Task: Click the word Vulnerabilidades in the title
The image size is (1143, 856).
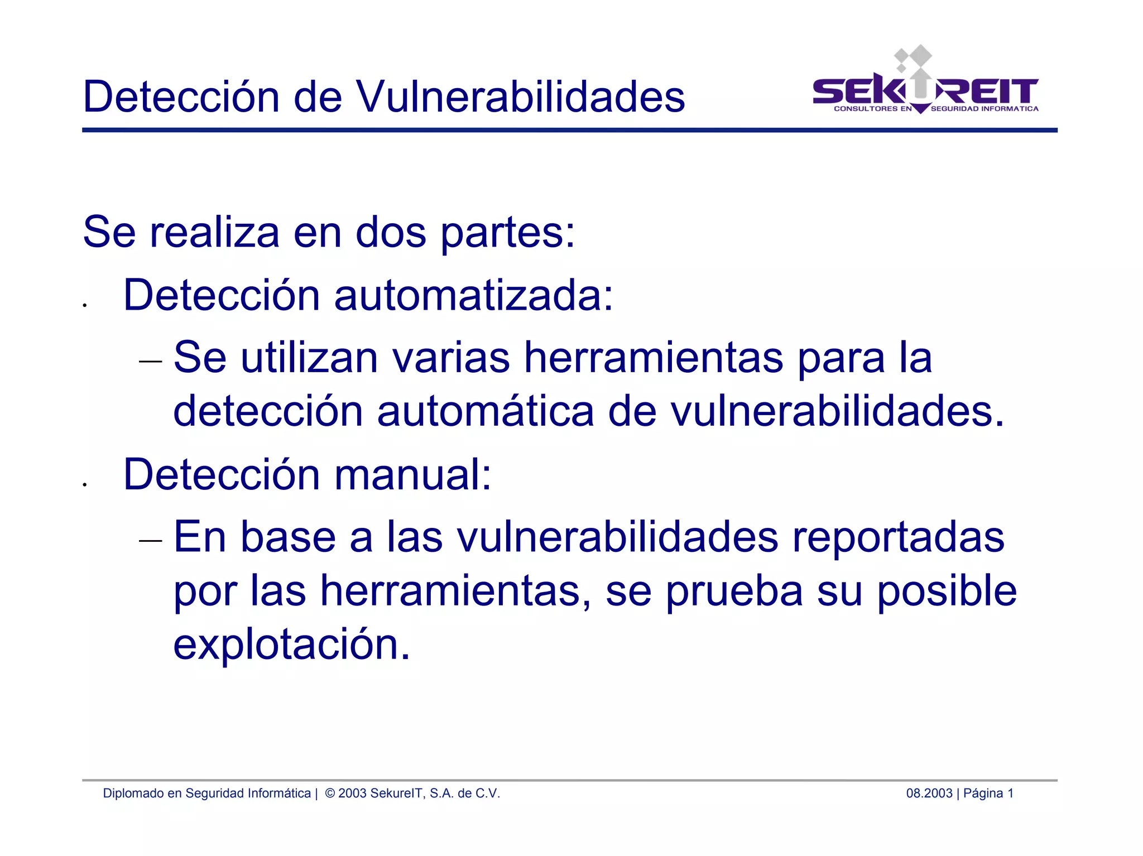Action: tap(520, 97)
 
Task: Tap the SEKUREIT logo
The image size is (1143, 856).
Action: tap(925, 89)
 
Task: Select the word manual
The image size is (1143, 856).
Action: tap(412, 475)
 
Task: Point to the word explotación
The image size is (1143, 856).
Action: tap(291, 645)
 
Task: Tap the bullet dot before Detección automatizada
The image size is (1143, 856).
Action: tap(84, 305)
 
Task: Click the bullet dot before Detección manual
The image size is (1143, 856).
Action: tap(84, 484)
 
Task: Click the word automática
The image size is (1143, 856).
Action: tap(485, 411)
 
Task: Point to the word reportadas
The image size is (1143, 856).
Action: tap(898, 537)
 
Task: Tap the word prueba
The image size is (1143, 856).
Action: tap(734, 591)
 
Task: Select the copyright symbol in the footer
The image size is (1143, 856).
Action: tap(330, 794)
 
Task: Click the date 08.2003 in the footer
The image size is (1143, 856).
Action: tap(929, 794)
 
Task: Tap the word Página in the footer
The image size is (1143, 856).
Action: tap(983, 794)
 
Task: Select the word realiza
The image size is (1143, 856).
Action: tap(214, 232)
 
